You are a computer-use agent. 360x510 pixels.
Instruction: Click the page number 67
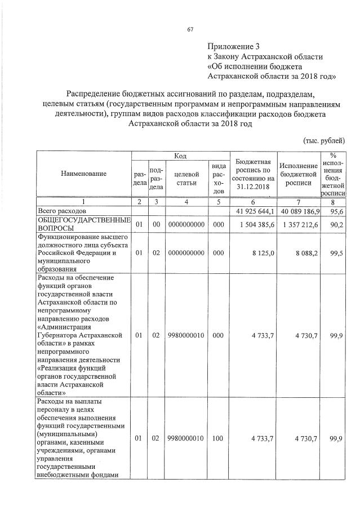coord(190,30)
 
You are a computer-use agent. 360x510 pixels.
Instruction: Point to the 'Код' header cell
coord(180,156)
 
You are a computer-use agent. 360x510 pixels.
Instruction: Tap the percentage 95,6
coord(336,211)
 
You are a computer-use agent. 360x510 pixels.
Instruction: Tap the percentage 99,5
coord(336,254)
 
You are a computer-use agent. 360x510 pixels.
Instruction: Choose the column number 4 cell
coord(186,201)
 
